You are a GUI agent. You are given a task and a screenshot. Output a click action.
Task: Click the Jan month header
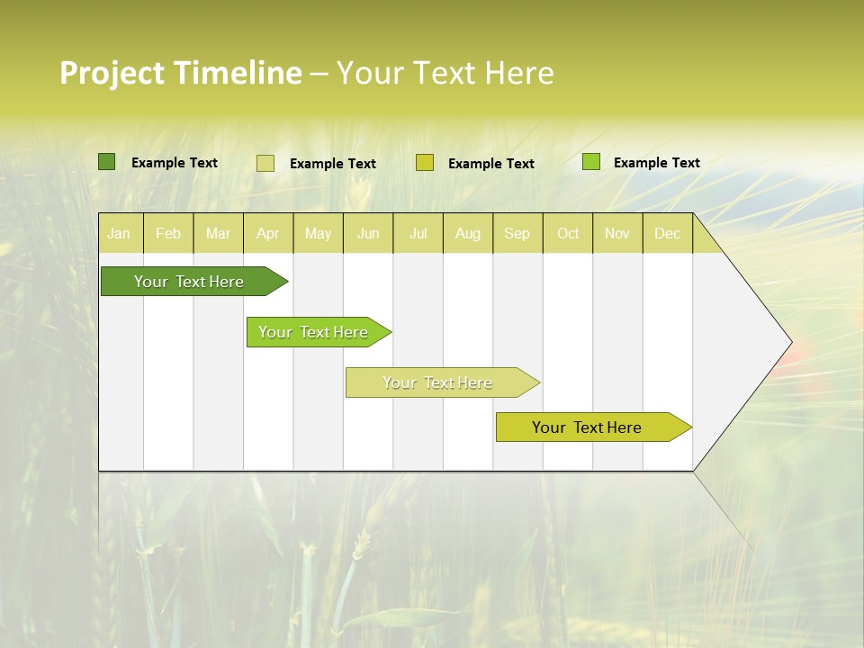(120, 233)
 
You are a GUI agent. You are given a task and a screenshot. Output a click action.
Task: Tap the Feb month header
(168, 233)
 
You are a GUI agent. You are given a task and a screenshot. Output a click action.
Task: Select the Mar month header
(218, 233)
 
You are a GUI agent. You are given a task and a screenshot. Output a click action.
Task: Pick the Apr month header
(268, 233)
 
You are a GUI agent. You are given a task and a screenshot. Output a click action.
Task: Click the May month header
(318, 233)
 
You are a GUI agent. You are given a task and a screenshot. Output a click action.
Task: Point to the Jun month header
(368, 233)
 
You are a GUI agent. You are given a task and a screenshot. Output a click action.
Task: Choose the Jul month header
(418, 233)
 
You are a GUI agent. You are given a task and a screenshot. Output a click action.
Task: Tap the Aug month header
(468, 233)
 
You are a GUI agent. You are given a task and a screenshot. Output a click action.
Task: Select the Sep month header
(517, 233)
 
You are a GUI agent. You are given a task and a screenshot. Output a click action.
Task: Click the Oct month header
(568, 233)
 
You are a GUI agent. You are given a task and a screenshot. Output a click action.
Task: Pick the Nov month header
(617, 233)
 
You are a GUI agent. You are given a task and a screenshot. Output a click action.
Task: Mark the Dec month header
(668, 233)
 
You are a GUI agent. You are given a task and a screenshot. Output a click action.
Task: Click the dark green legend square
(106, 162)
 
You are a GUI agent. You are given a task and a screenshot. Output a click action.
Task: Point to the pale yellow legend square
(265, 163)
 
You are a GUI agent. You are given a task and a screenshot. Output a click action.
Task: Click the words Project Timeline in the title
(180, 73)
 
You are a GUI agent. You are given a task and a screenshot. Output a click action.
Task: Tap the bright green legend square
(590, 162)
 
